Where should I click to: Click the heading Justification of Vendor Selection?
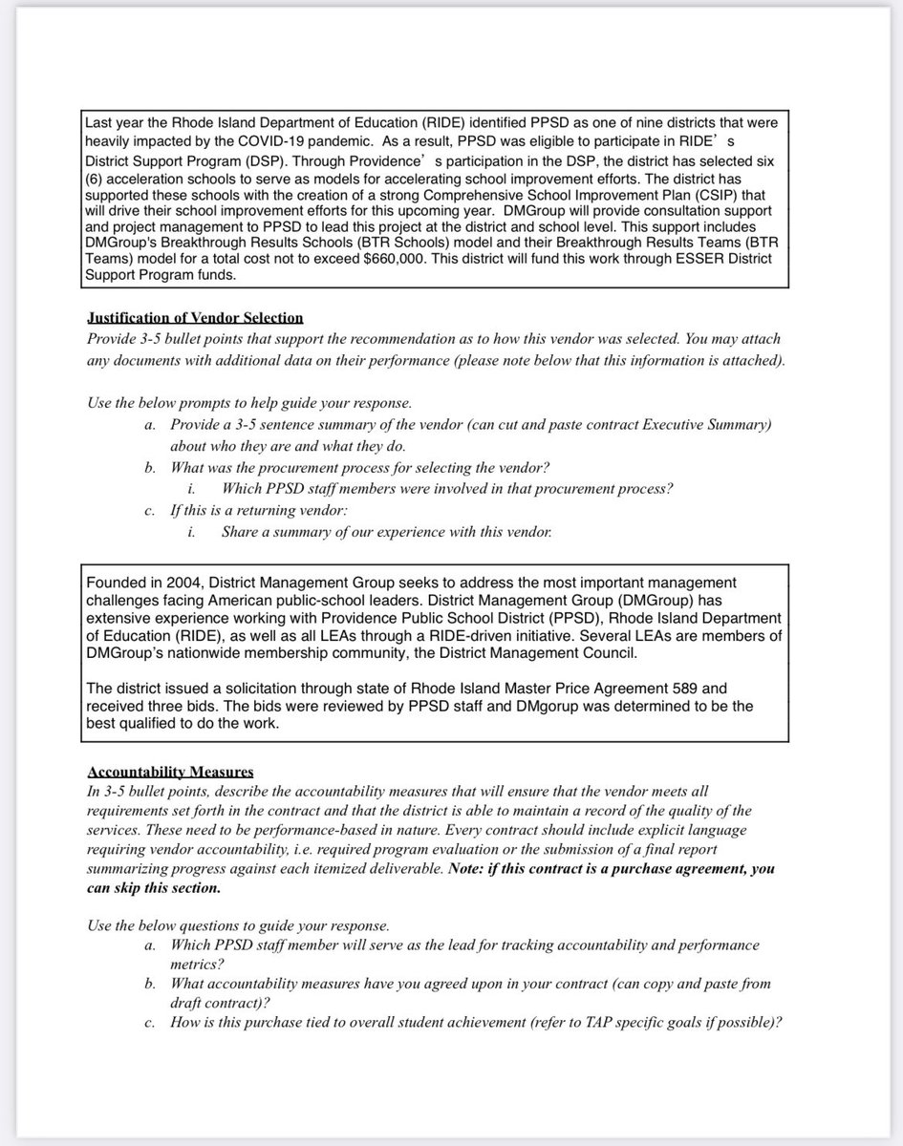tap(195, 318)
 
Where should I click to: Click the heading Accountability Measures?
tap(170, 772)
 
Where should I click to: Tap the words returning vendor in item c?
tap(295, 511)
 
